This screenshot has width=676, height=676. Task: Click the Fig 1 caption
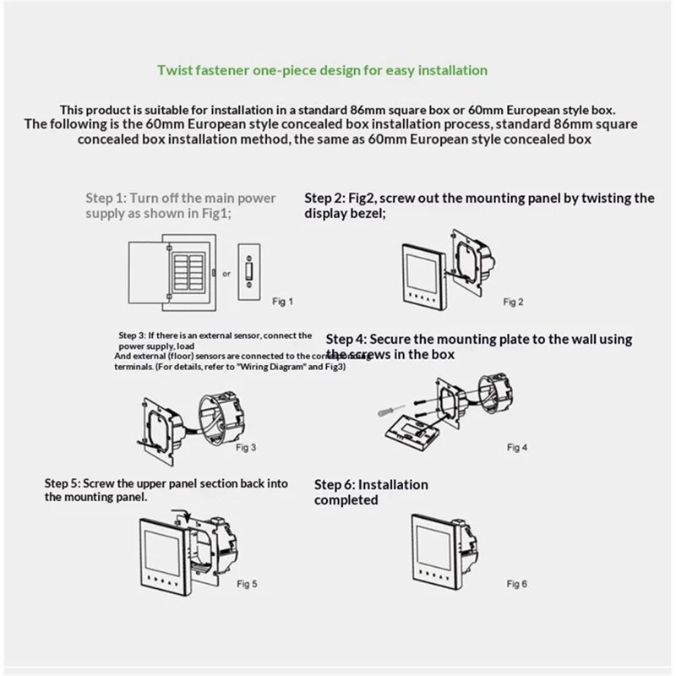click(x=284, y=301)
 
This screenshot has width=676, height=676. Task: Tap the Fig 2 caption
click(x=514, y=302)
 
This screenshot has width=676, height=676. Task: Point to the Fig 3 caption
click(x=247, y=446)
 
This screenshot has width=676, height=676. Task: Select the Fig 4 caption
click(x=516, y=446)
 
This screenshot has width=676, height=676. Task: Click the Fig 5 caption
click(x=247, y=583)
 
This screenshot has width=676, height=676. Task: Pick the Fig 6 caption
click(x=516, y=583)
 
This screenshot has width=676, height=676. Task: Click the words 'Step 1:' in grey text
click(x=106, y=199)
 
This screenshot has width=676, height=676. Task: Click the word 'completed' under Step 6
click(x=346, y=500)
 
